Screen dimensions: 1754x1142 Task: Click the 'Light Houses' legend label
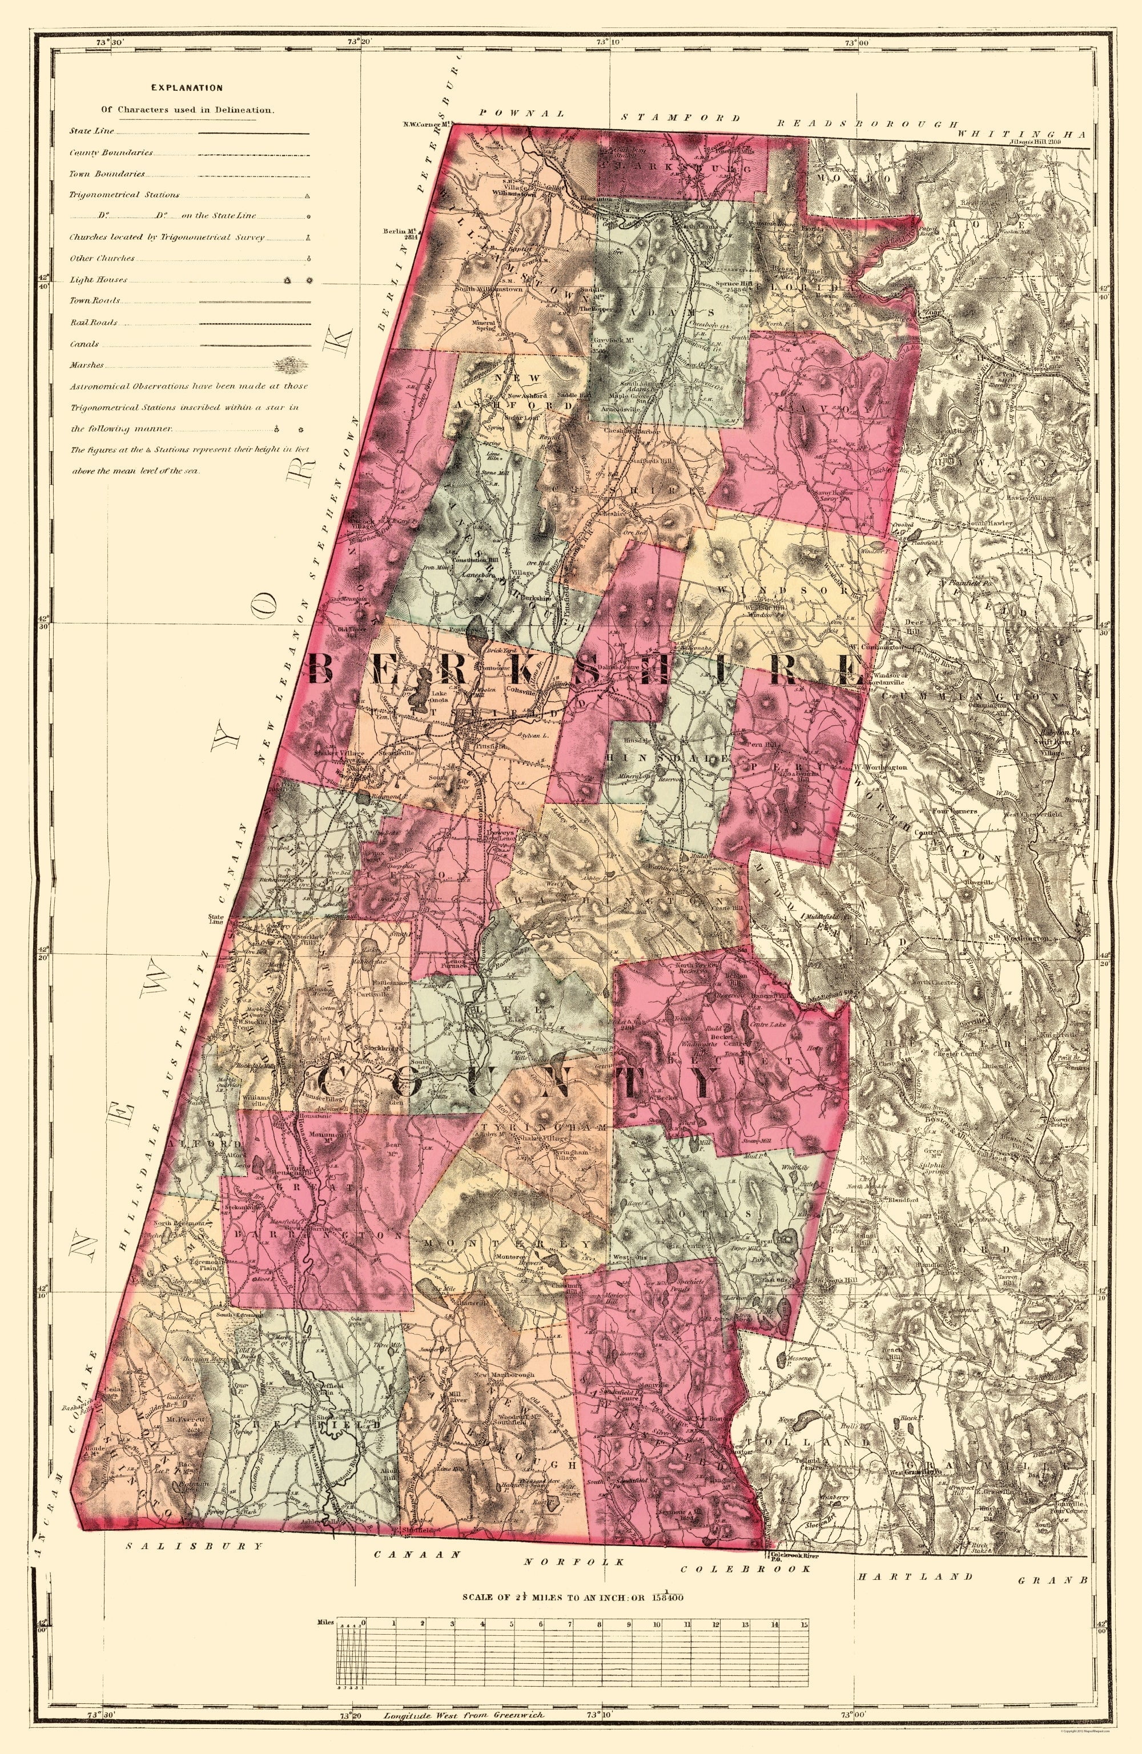tap(98, 280)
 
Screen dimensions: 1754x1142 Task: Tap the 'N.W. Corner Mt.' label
tap(426, 124)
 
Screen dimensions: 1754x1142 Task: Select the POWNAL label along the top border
tap(521, 114)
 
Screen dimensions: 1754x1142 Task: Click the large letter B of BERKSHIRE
tap(324, 669)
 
